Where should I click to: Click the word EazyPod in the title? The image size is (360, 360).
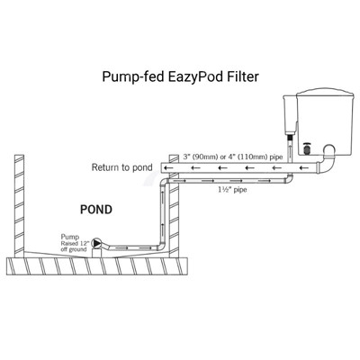coord(195,76)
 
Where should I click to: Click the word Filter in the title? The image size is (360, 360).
coord(242,76)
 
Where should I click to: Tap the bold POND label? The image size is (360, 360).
coord(96,210)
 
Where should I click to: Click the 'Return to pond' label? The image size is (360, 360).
coord(121,167)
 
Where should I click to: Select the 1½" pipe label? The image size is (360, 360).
coord(232,190)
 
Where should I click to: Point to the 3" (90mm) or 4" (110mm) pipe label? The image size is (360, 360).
coord(233,157)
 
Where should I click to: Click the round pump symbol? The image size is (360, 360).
coord(97,243)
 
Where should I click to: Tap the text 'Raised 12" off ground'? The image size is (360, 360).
coord(74,247)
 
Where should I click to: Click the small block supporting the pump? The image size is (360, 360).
coord(97,253)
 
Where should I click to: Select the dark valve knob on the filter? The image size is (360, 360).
coord(307,148)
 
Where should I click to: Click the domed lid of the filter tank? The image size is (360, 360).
coord(325,92)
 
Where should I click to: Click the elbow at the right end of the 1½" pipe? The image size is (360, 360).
coord(289,178)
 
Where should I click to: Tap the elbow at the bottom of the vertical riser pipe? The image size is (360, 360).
coord(161,247)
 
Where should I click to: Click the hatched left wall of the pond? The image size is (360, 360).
coord(19,206)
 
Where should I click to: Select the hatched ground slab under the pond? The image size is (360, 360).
coord(99,266)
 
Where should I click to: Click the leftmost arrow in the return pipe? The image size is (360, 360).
coord(169,167)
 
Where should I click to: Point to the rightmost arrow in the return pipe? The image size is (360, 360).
coord(303,167)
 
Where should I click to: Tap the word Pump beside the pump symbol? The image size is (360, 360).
coord(70,237)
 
